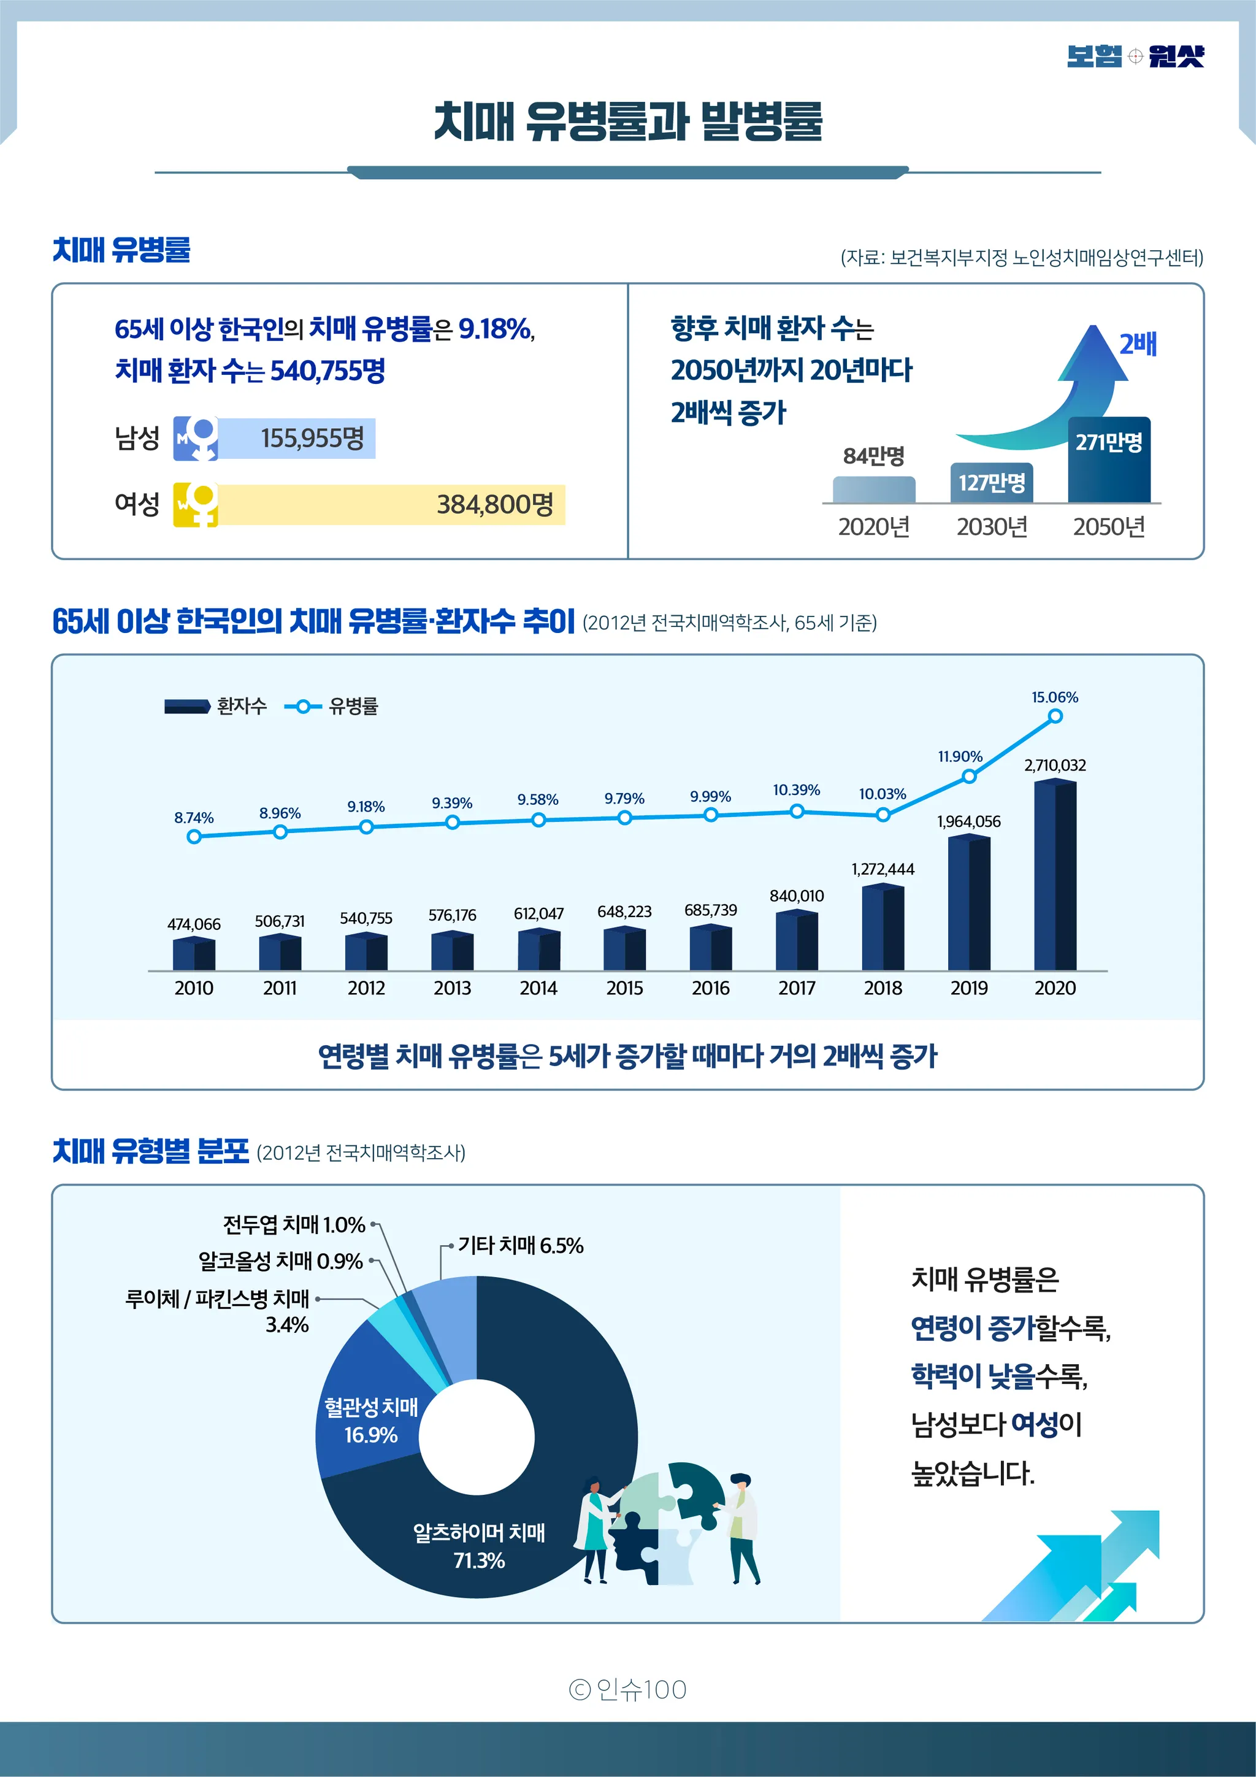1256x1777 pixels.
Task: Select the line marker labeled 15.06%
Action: [1055, 716]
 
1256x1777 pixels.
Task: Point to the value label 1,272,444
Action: [883, 869]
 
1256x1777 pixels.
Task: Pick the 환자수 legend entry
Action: [215, 706]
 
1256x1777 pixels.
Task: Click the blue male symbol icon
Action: [195, 438]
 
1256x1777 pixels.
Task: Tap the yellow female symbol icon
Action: [195, 505]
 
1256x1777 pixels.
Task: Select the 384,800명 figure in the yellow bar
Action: [496, 505]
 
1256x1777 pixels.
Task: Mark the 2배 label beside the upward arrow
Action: [1138, 344]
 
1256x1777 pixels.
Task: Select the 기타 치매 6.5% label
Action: [520, 1245]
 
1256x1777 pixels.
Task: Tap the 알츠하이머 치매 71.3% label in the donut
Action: [479, 1546]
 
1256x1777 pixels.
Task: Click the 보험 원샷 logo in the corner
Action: [1135, 56]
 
